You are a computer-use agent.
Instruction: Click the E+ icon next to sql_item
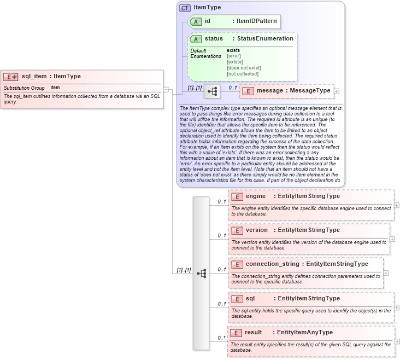point(11,77)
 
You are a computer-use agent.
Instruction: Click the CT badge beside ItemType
point(185,8)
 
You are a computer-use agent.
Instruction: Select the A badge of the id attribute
point(196,22)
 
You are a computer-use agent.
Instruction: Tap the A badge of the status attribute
point(196,39)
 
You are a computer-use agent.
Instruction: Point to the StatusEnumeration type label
point(263,39)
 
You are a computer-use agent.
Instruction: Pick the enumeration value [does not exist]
point(244,68)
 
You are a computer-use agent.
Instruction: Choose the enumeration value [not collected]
point(243,74)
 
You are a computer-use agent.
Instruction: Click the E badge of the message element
point(248,91)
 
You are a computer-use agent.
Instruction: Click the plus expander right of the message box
point(337,91)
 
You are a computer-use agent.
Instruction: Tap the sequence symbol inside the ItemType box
point(212,91)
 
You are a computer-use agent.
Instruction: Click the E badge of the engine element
point(237,196)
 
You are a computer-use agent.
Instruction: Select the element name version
point(257,230)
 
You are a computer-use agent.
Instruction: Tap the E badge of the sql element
point(237,299)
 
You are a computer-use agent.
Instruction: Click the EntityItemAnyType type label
point(304,333)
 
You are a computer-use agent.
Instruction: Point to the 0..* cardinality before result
point(221,338)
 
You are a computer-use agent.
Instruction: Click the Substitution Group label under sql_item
point(24,88)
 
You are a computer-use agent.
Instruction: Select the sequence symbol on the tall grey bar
point(201,272)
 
